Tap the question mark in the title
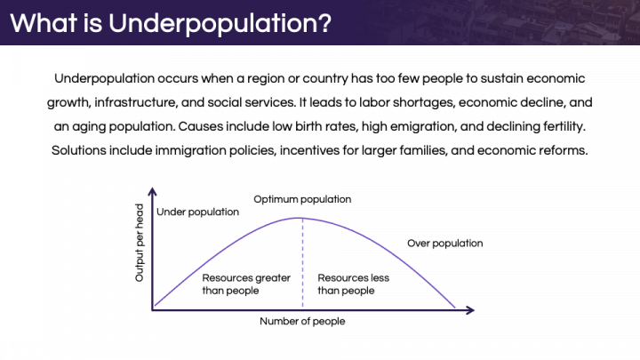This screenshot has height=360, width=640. click(x=324, y=22)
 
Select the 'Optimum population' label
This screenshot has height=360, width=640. click(x=302, y=200)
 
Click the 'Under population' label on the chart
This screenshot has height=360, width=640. click(x=197, y=212)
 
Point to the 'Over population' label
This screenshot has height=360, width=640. click(x=445, y=244)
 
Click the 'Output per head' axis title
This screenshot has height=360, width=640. click(x=140, y=243)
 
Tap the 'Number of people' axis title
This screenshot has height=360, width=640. click(x=302, y=321)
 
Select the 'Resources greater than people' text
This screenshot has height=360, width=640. click(x=246, y=284)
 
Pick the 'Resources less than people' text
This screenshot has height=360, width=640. click(x=354, y=284)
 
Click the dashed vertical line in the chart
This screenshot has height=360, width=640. click(x=302, y=262)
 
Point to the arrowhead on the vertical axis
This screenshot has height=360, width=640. click(x=152, y=191)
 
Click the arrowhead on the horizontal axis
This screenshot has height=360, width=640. click(x=470, y=310)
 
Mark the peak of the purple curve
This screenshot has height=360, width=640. click(x=301, y=218)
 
